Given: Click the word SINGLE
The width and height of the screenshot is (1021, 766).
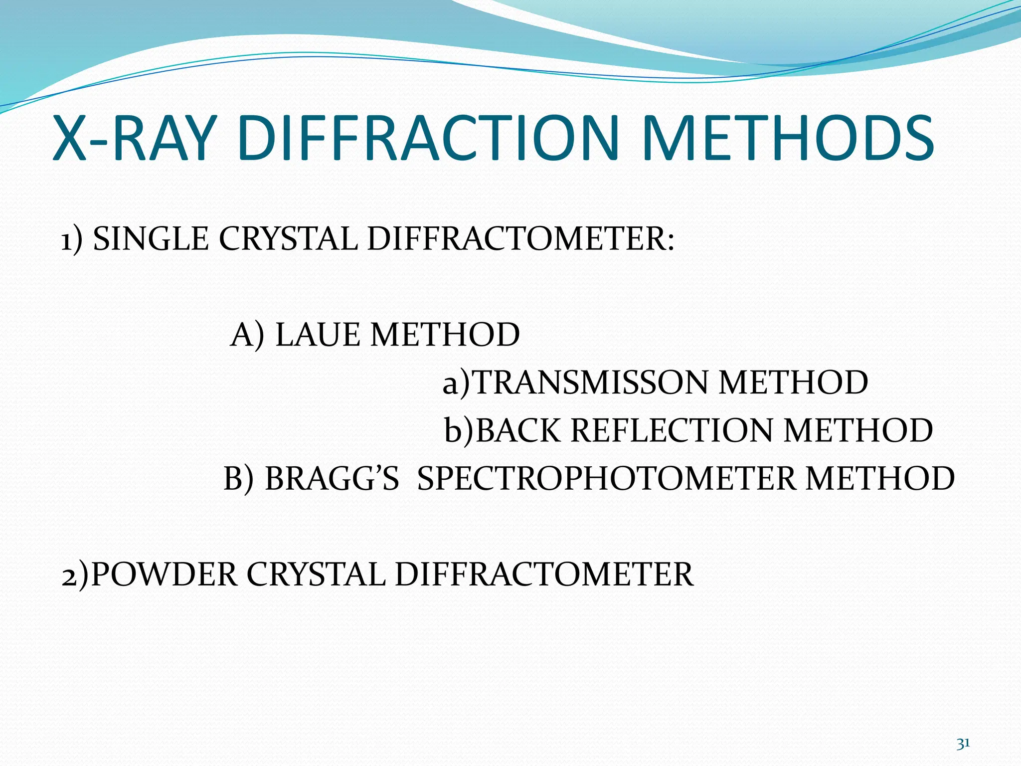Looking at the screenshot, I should point(151,239).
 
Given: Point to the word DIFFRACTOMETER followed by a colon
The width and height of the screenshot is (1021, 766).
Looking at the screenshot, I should point(521,239).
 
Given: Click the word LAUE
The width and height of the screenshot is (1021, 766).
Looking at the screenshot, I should point(318,335).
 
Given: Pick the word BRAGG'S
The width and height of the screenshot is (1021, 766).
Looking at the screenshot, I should point(332,479).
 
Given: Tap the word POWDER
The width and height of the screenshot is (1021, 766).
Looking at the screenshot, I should point(165,574).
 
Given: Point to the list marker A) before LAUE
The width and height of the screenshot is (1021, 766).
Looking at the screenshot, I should point(247,335).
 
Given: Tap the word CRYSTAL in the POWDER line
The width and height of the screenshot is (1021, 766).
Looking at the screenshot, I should point(316,574).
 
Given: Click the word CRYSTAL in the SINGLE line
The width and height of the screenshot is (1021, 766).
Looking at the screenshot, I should point(288,239).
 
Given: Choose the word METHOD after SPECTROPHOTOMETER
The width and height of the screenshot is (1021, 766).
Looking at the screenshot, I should point(880,479).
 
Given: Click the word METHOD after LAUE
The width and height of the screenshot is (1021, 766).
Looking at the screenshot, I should point(445,335).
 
